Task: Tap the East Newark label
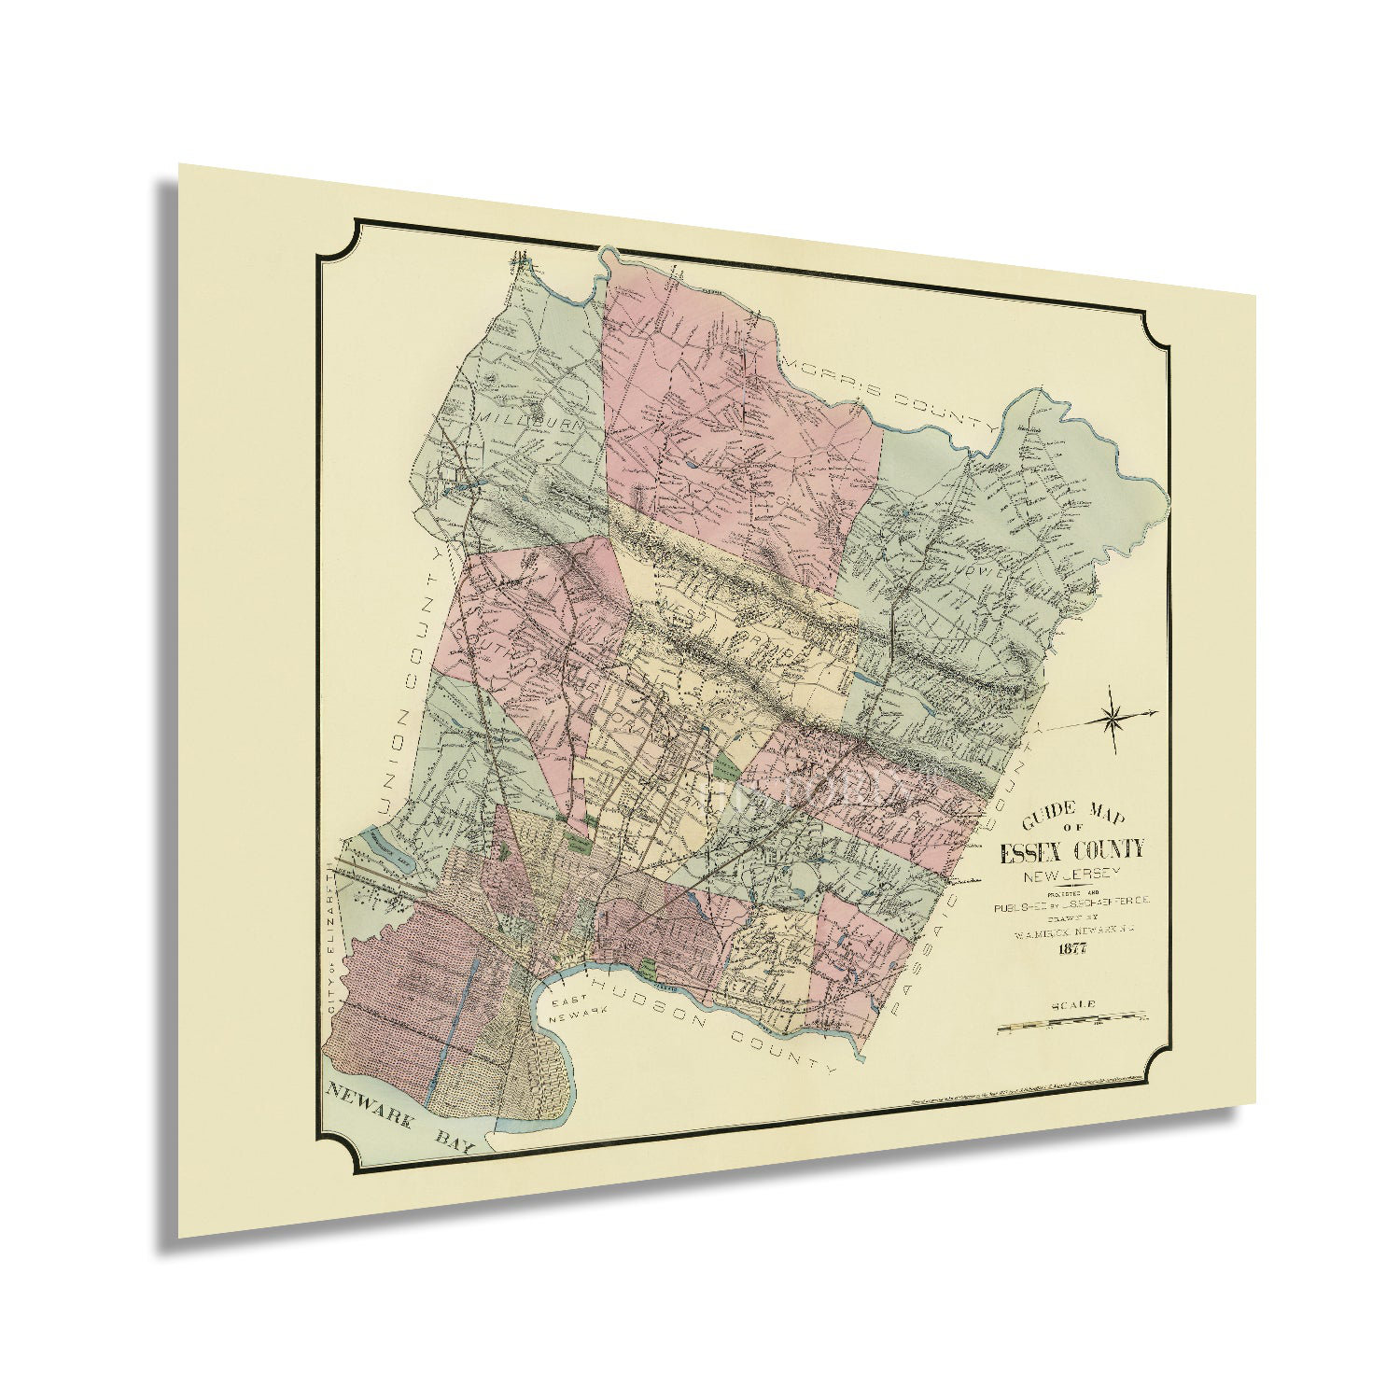(571, 1011)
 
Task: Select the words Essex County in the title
(1071, 850)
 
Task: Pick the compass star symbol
(1113, 718)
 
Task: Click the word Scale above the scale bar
(1072, 1005)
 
